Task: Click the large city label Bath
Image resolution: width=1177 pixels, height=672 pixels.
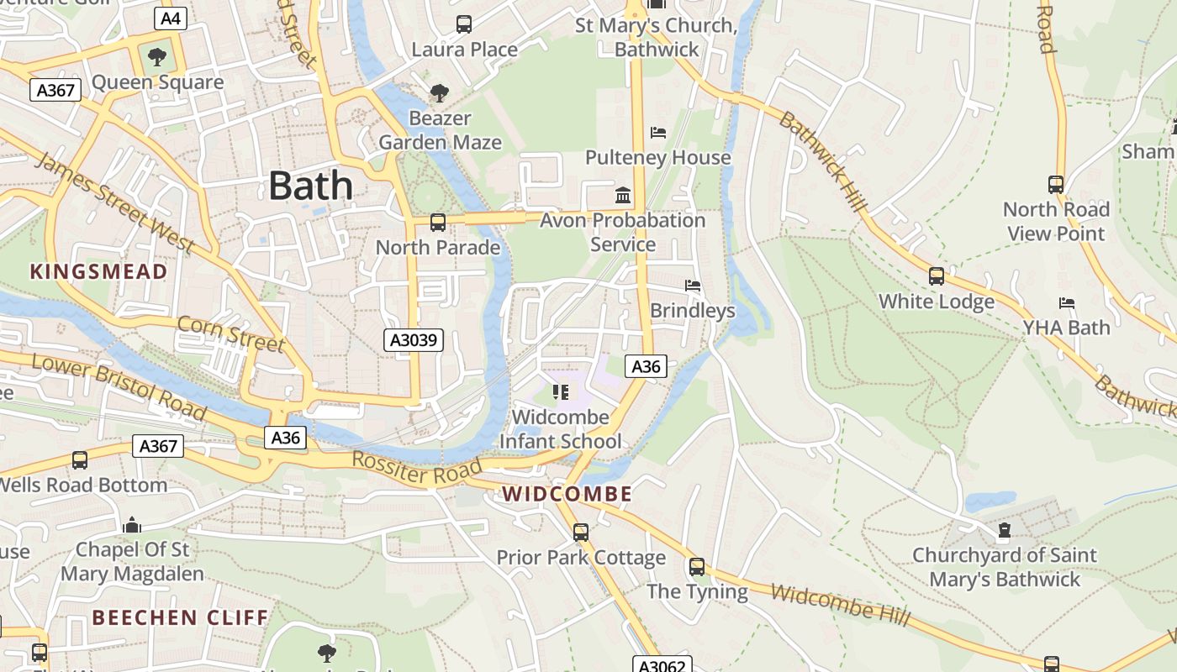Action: click(310, 186)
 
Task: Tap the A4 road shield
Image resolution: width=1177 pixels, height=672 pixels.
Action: click(171, 18)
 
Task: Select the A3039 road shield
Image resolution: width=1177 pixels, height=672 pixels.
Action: click(414, 340)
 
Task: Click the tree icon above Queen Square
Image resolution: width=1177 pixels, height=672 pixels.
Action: click(156, 57)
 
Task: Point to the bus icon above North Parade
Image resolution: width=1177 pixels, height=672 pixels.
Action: click(438, 223)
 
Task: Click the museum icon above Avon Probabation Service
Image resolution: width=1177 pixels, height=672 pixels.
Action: click(623, 195)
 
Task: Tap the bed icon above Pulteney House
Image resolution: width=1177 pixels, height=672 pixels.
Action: click(658, 133)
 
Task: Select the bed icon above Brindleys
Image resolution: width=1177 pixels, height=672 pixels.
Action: click(693, 286)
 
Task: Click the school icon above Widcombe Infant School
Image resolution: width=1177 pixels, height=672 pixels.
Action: click(561, 391)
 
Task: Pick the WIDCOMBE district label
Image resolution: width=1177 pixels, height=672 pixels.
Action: click(567, 494)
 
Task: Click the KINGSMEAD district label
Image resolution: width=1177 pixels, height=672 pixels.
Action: click(99, 271)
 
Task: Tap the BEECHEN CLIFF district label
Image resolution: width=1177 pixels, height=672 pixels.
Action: click(180, 618)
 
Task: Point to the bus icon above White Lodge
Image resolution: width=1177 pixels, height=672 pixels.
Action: click(936, 276)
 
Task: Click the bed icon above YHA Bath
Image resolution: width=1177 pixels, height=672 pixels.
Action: click(1067, 302)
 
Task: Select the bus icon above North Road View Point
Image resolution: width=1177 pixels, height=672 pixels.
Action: click(1056, 184)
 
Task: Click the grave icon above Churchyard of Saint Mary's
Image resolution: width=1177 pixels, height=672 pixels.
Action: click(1004, 530)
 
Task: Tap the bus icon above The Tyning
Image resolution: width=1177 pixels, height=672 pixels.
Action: click(697, 566)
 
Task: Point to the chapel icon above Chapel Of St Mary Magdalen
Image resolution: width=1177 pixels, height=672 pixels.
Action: click(131, 525)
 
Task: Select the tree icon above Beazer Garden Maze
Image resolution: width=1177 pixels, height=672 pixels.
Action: click(439, 92)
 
